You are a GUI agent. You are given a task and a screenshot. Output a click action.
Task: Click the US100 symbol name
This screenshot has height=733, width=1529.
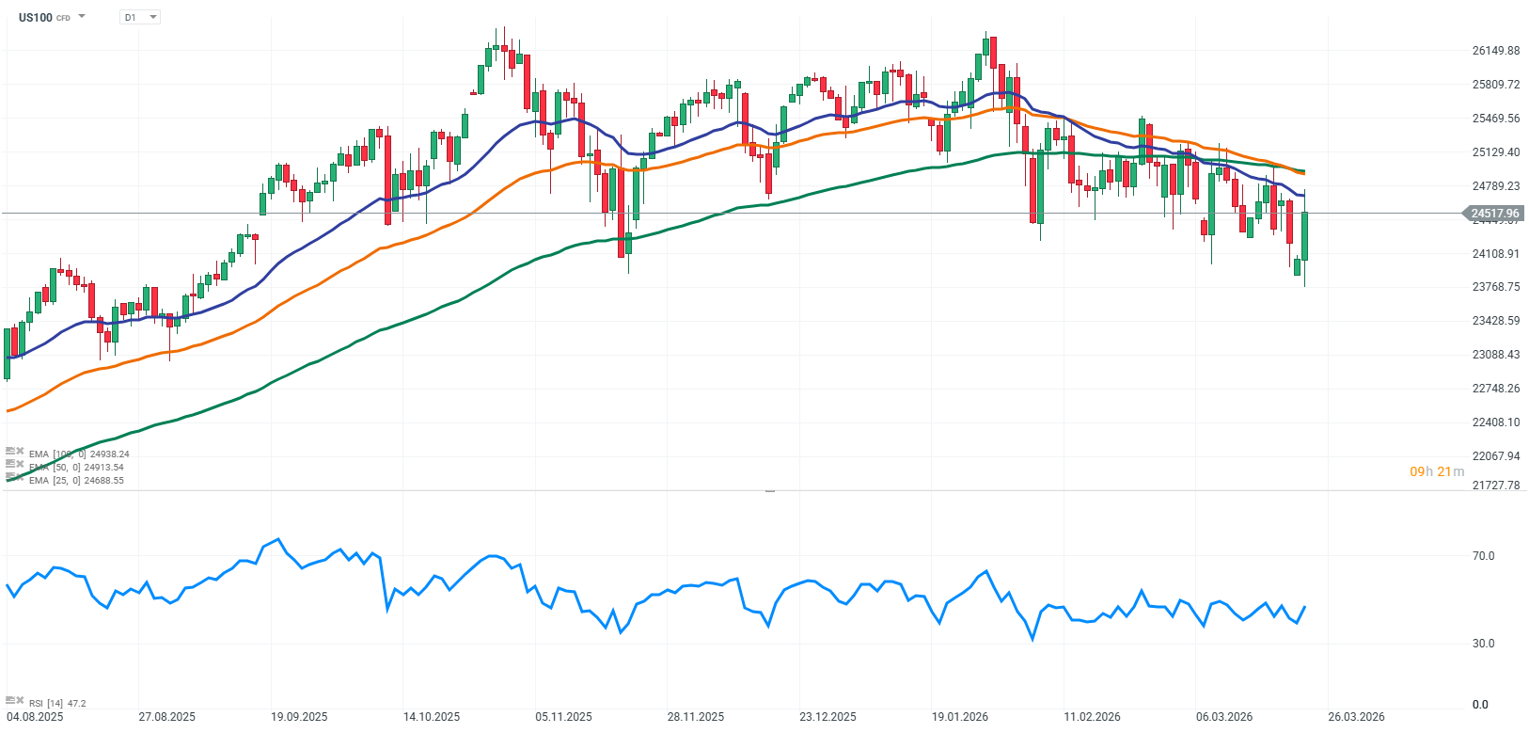pos(36,17)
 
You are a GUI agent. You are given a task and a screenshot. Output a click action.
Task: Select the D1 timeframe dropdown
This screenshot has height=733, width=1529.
pos(140,17)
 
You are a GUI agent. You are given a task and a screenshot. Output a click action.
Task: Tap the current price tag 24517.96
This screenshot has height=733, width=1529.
pos(1494,214)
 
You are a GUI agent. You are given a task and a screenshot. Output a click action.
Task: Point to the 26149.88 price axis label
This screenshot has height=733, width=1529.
pos(1495,51)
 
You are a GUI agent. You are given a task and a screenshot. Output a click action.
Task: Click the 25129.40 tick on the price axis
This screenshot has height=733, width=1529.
pos(1495,152)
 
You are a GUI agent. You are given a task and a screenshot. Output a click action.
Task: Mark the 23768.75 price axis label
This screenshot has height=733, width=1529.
pos(1495,287)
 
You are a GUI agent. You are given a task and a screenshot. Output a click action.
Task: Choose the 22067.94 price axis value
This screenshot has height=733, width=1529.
pos(1495,456)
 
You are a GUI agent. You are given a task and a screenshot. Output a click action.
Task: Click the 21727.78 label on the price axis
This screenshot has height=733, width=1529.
pos(1495,486)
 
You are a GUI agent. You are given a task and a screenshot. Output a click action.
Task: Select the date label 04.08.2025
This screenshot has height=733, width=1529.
pos(35,717)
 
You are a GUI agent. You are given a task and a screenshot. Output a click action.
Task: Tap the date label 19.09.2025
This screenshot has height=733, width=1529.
pos(299,717)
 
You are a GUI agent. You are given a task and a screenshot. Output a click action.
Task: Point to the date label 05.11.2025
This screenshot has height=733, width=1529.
pos(563,717)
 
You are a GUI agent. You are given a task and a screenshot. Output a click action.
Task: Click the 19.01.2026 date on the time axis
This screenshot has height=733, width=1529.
pos(960,717)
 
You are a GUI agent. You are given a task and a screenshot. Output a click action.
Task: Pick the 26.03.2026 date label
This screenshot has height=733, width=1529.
pos(1356,717)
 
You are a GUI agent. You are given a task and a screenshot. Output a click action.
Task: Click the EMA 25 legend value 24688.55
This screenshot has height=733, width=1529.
pos(104,481)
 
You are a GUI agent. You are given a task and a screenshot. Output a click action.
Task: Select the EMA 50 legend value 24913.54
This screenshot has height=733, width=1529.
pos(104,468)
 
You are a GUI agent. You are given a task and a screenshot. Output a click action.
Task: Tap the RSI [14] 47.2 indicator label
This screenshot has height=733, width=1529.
pos(57,704)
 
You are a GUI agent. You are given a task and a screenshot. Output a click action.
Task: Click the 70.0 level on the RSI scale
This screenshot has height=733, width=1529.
pos(1483,556)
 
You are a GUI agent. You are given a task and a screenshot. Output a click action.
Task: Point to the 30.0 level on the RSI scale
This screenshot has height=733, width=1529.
pos(1483,644)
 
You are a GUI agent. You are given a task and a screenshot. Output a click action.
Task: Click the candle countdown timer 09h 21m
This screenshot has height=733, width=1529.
pos(1436,471)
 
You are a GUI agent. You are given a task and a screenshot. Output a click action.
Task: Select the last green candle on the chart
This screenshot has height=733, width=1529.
pos(1305,236)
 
